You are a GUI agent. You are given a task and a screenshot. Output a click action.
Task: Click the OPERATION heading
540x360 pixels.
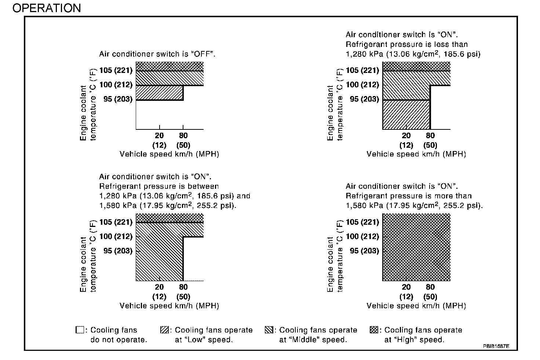pyautogui.click(x=47, y=8)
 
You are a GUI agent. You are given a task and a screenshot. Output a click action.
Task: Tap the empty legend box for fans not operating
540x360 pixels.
pyautogui.click(x=80, y=330)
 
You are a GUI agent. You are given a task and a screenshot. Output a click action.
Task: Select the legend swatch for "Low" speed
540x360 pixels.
pyautogui.click(x=164, y=330)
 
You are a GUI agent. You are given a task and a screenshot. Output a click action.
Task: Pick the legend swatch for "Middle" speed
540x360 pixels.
pyautogui.click(x=269, y=330)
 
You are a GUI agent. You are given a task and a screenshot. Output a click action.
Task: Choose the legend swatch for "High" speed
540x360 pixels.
pyautogui.click(x=374, y=330)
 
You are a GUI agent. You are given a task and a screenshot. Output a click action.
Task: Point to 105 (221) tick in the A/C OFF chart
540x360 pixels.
pyautogui.click(x=116, y=70)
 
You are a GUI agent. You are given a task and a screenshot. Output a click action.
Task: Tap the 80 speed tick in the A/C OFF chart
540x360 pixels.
pyautogui.click(x=183, y=136)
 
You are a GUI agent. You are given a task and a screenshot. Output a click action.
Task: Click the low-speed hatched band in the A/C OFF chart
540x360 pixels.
pyautogui.click(x=159, y=92)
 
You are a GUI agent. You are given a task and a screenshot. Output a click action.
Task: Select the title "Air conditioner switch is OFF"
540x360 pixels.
pyautogui.click(x=157, y=54)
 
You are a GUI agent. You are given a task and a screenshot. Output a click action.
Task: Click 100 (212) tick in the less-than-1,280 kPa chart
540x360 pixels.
pyautogui.click(x=362, y=85)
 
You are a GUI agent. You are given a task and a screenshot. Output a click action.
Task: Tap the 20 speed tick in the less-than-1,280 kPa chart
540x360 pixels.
pyautogui.click(x=406, y=136)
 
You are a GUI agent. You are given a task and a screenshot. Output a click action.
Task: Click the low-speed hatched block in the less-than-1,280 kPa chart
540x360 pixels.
pyautogui.click(x=406, y=114)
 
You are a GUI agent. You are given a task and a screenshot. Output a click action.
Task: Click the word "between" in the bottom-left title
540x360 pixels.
pyautogui.click(x=204, y=186)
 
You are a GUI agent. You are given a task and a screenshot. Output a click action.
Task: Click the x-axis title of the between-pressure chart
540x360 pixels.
pyautogui.click(x=169, y=306)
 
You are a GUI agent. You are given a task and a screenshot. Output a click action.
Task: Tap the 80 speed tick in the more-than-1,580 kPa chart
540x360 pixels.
pyautogui.click(x=430, y=287)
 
